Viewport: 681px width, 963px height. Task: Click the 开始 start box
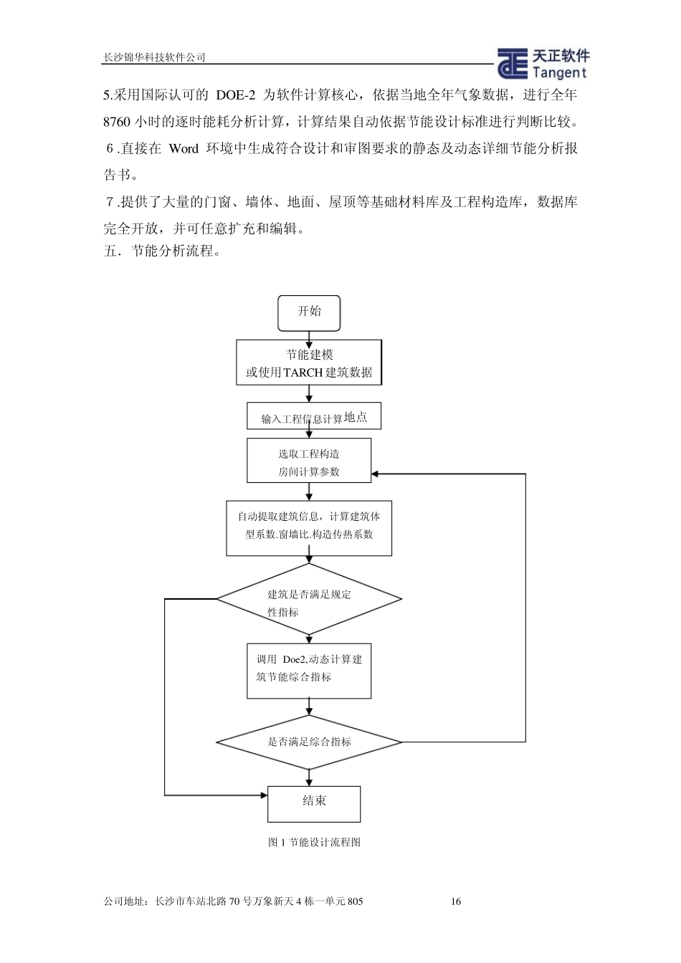pyautogui.click(x=309, y=312)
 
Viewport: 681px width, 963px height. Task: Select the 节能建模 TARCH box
pyautogui.click(x=309, y=363)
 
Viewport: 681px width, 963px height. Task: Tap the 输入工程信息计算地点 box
pyautogui.click(x=313, y=416)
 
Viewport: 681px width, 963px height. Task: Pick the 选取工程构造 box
pyautogui.click(x=309, y=461)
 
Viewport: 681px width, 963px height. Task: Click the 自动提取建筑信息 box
pyautogui.click(x=309, y=528)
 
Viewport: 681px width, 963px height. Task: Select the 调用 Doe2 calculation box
pyautogui.click(x=309, y=671)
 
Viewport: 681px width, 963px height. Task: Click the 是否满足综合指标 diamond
pyautogui.click(x=309, y=742)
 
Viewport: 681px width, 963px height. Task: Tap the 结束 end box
pyautogui.click(x=313, y=803)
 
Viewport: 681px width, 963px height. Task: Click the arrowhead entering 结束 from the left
pyautogui.click(x=262, y=795)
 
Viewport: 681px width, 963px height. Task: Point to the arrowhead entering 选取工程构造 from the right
pyautogui.click(x=376, y=474)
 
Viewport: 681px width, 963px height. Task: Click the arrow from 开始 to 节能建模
pyautogui.click(x=309, y=335)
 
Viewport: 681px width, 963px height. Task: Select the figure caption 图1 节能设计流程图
pyautogui.click(x=314, y=842)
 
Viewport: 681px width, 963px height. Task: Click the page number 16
pyautogui.click(x=456, y=901)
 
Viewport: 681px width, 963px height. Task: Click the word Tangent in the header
pyautogui.click(x=559, y=72)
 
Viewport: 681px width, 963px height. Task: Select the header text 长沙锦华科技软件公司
pyautogui.click(x=154, y=58)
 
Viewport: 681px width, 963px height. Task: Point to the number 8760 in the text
pyautogui.click(x=117, y=121)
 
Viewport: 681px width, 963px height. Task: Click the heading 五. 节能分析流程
pyautogui.click(x=161, y=251)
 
